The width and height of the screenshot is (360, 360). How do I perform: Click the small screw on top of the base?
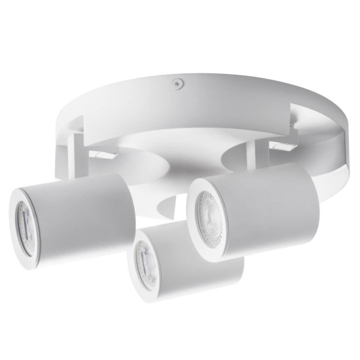[175, 84]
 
